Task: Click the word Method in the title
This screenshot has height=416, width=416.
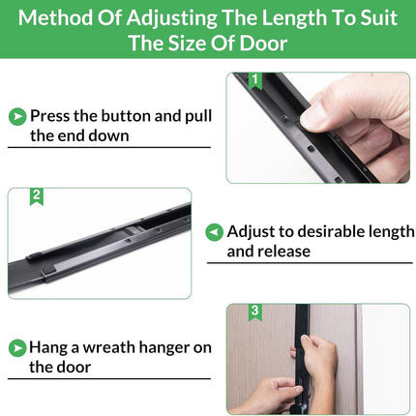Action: tap(55, 17)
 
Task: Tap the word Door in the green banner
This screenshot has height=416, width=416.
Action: tap(263, 43)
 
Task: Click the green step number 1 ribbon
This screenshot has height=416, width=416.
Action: tap(255, 80)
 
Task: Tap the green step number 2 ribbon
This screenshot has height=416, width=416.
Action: tap(37, 196)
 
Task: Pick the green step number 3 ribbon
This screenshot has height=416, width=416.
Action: tap(254, 312)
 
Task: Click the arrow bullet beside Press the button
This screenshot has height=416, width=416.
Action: tap(17, 116)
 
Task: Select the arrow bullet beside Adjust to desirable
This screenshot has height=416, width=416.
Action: tap(214, 232)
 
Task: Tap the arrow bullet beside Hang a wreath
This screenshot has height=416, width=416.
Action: tap(17, 348)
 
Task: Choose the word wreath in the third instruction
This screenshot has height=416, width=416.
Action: tap(109, 347)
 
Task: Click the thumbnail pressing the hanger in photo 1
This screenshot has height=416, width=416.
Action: tap(313, 117)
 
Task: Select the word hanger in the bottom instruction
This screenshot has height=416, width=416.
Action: tap(164, 348)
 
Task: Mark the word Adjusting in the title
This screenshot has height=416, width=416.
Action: tap(171, 18)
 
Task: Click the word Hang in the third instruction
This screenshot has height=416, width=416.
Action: tap(48, 348)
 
